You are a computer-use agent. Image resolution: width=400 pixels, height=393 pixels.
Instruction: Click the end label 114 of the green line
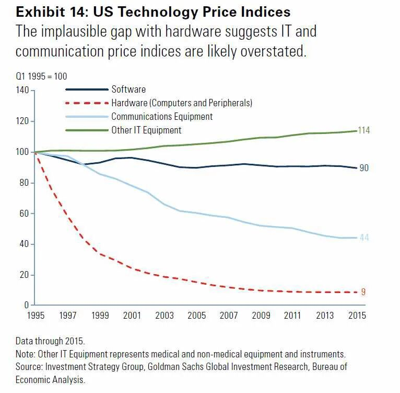point(364,130)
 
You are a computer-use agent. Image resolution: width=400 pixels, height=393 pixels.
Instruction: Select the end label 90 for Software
point(364,168)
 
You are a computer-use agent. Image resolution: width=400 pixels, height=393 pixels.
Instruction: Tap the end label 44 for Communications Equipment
point(364,238)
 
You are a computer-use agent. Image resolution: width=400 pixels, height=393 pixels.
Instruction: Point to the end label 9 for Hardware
point(363,292)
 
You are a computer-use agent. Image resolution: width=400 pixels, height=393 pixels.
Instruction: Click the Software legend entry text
point(128,89)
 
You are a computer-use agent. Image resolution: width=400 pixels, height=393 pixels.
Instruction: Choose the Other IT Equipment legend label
point(147,130)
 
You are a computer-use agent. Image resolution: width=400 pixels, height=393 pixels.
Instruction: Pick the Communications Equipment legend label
point(162,117)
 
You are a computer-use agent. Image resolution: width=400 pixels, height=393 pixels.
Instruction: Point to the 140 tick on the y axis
point(23,91)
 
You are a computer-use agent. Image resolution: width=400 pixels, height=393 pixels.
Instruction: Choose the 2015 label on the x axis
point(357,316)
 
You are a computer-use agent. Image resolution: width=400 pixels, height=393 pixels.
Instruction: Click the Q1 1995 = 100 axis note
point(41,76)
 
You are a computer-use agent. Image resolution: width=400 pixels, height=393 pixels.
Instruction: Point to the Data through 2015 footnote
point(50,341)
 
